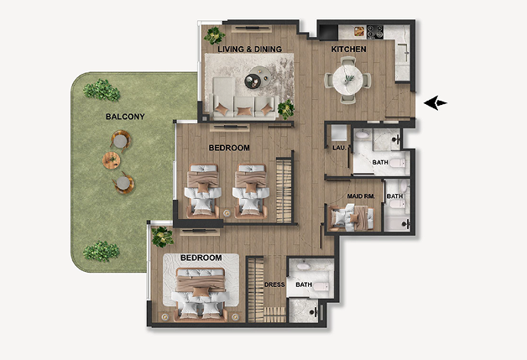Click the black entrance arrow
[435, 103]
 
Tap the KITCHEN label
[348, 49]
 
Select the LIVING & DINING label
[249, 49]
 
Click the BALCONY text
[125, 117]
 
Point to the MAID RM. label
[361, 196]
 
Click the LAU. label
[339, 148]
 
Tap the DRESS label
[274, 284]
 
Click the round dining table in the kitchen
[348, 80]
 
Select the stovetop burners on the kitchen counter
[375, 32]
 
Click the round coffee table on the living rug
[257, 77]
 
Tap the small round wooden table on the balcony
[111, 160]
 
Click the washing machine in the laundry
[339, 133]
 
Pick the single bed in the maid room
[352, 218]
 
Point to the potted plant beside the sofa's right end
[285, 109]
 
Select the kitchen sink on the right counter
[402, 53]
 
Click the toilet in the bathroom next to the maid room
[397, 204]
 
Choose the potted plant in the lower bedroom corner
[162, 237]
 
